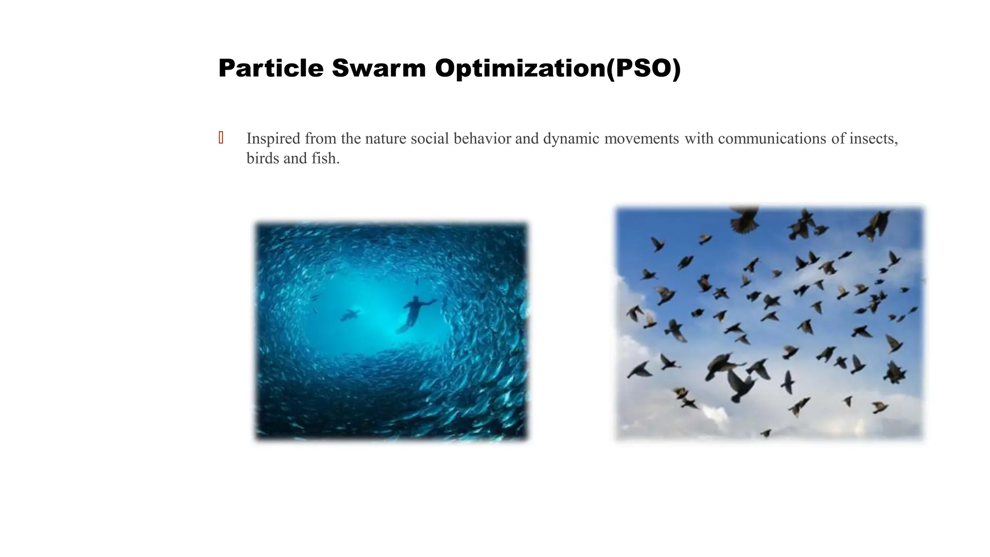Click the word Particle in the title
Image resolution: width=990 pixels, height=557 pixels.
click(270, 68)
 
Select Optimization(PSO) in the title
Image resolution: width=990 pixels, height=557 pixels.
click(557, 68)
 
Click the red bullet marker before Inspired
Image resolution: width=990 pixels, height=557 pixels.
click(221, 138)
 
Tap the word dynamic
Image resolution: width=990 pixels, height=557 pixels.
click(571, 139)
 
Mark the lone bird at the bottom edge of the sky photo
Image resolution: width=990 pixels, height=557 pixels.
click(766, 433)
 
